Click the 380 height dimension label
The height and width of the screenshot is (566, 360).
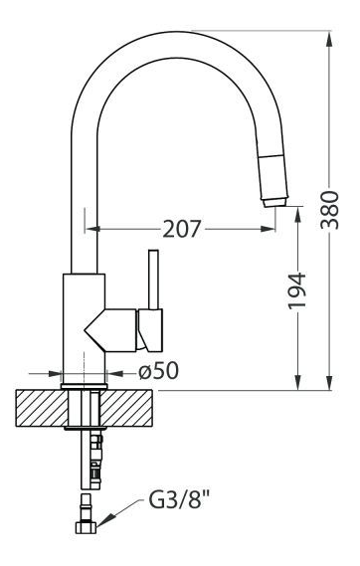(330, 210)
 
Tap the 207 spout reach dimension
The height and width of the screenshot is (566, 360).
(181, 229)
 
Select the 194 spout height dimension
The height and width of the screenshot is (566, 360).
(297, 290)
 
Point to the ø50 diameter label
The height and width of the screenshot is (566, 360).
(159, 371)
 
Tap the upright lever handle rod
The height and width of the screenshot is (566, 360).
(154, 280)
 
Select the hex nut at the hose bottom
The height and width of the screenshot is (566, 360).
(87, 527)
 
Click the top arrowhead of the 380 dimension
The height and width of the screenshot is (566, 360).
(329, 39)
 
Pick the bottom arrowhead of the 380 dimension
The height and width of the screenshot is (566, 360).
(329, 383)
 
